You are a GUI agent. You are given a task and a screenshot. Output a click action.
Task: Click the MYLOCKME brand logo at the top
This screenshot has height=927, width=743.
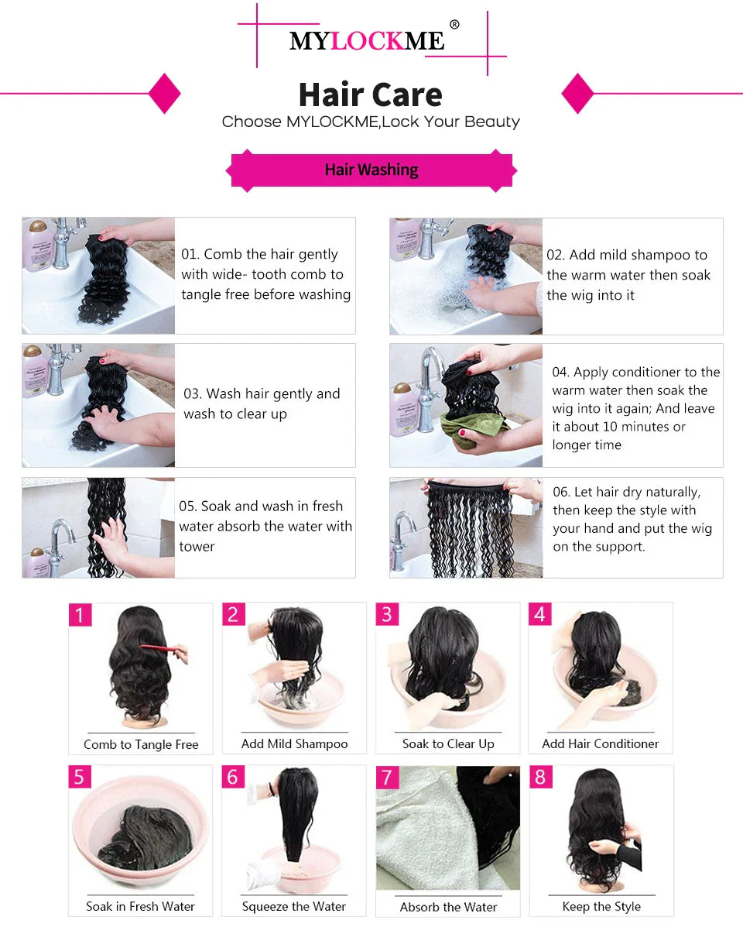point(368,40)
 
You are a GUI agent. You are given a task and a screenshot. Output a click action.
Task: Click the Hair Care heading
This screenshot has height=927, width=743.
point(371,94)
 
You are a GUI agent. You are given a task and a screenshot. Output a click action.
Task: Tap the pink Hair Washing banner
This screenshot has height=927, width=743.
point(371,170)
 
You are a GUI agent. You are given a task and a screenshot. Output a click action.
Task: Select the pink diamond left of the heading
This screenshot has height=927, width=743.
point(164,94)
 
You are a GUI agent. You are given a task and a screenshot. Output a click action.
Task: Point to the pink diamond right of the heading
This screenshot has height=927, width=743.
point(577,94)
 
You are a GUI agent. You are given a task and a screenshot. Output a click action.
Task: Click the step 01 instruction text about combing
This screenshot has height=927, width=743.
point(265,274)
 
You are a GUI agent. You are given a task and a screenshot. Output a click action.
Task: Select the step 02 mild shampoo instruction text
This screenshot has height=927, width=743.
point(628,275)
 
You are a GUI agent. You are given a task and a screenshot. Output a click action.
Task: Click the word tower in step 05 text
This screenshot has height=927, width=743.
point(197,547)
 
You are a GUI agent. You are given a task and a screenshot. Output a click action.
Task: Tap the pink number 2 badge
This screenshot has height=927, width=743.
point(233,615)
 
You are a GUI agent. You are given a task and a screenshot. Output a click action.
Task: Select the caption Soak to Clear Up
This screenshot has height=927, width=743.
point(448,743)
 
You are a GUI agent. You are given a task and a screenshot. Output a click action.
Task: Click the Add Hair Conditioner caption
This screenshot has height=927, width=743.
point(601,743)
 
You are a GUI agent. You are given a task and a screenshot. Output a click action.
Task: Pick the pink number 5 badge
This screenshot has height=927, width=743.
point(79,777)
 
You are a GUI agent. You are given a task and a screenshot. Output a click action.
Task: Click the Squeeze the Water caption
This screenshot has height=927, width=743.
point(294,906)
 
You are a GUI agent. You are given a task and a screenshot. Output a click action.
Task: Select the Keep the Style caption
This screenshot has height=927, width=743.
point(601,906)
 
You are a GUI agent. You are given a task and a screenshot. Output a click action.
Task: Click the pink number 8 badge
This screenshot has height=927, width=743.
point(540,777)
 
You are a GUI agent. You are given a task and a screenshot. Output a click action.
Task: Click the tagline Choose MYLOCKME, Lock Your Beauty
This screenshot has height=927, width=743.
point(371,122)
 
